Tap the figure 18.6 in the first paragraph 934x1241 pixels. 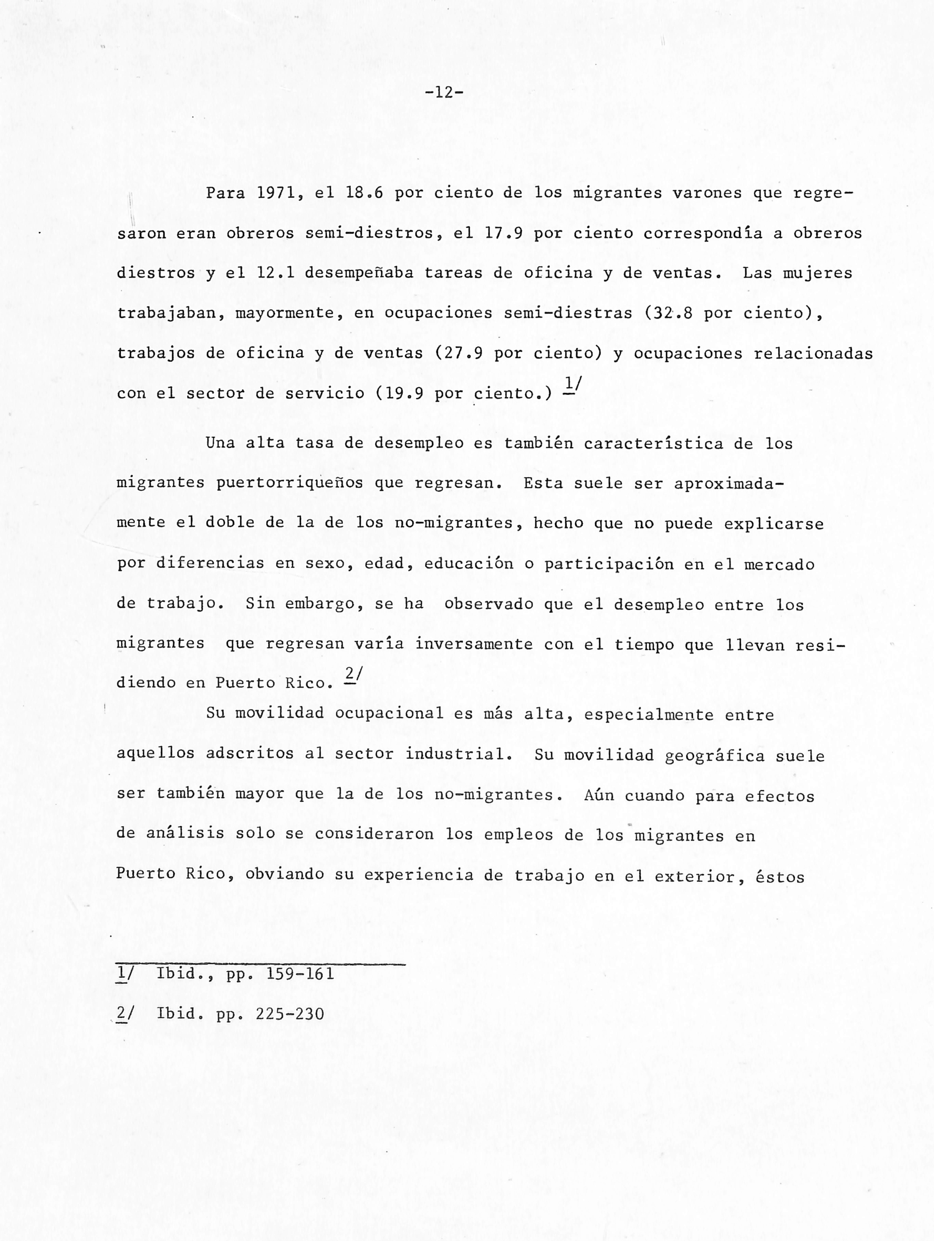point(365,193)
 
